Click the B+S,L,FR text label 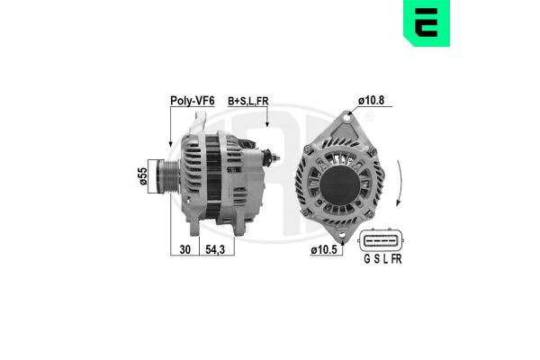[248, 101]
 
